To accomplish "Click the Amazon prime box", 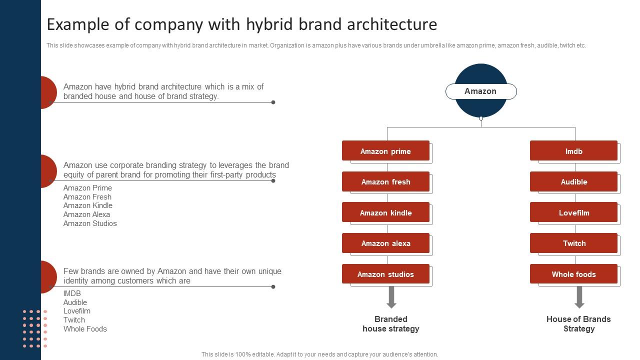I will point(385,151).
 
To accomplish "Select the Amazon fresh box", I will point(385,182).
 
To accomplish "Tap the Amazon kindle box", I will point(385,212).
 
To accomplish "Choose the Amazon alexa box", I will point(385,243).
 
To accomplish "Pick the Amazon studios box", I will point(385,274).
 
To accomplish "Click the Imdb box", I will point(573,151).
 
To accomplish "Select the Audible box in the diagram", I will point(573,182).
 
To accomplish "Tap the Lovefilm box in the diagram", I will point(573,212).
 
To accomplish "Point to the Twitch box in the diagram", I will point(573,243).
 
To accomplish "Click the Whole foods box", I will point(573,274).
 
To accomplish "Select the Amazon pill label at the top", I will point(480,91).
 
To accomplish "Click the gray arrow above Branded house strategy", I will point(391,297).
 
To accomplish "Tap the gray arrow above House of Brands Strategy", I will point(579,297).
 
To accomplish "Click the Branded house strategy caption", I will point(391,324).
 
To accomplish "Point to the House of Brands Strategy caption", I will point(578,324).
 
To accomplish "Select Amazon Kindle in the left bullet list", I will point(88,205).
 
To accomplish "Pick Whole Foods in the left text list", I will point(85,329).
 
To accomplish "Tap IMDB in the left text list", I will point(72,293).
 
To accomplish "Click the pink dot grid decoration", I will point(34,328).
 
